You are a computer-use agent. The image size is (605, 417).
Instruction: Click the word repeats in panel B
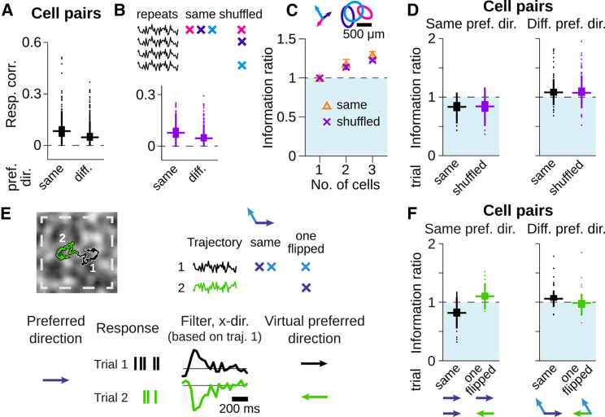pyautogui.click(x=157, y=14)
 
